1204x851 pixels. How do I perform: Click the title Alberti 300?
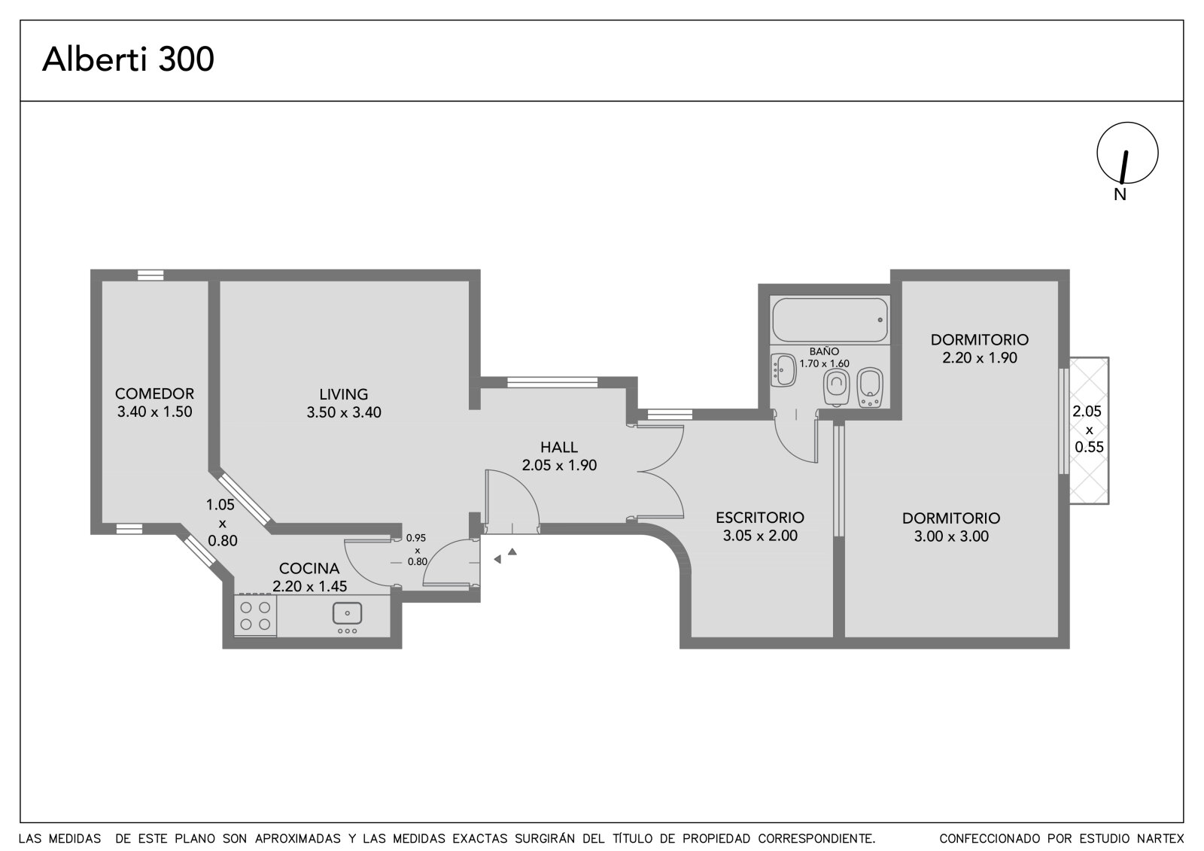pos(128,59)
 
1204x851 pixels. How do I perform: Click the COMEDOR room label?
pos(154,394)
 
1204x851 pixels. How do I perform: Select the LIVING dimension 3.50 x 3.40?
pos(343,412)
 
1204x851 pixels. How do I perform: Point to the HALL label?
pos(559,447)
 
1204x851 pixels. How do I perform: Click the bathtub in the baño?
pos(830,320)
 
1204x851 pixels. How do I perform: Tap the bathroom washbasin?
pos(783,370)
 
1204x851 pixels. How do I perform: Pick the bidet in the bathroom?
pos(870,387)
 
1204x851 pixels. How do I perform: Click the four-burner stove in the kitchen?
pos(255,615)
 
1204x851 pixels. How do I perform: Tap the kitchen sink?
pos(347,613)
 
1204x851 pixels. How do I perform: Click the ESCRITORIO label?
pos(759,518)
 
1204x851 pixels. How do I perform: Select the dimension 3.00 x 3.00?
pos(951,536)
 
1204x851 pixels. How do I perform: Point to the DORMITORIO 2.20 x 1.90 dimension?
pos(979,358)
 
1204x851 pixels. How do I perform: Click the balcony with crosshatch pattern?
pos(1089,430)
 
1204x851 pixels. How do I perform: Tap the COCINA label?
pos(309,568)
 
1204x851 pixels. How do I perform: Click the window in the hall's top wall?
pos(552,382)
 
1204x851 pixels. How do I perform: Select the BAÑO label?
pos(824,351)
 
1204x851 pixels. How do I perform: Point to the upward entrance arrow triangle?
pos(512,552)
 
